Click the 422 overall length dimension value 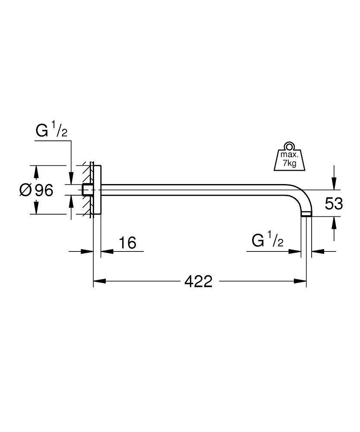[x=199, y=282]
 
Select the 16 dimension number [x=128, y=243]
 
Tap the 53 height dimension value [x=334, y=203]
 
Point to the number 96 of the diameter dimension [x=44, y=190]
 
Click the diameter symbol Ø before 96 [x=26, y=190]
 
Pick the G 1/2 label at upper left [x=51, y=131]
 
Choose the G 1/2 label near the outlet [x=267, y=241]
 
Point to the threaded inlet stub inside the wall [x=88, y=190]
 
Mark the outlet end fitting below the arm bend [x=306, y=214]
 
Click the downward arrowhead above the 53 [x=333, y=184]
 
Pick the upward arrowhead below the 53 [x=333, y=222]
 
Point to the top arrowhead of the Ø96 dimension [x=36, y=172]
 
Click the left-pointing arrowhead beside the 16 [x=106, y=251]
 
